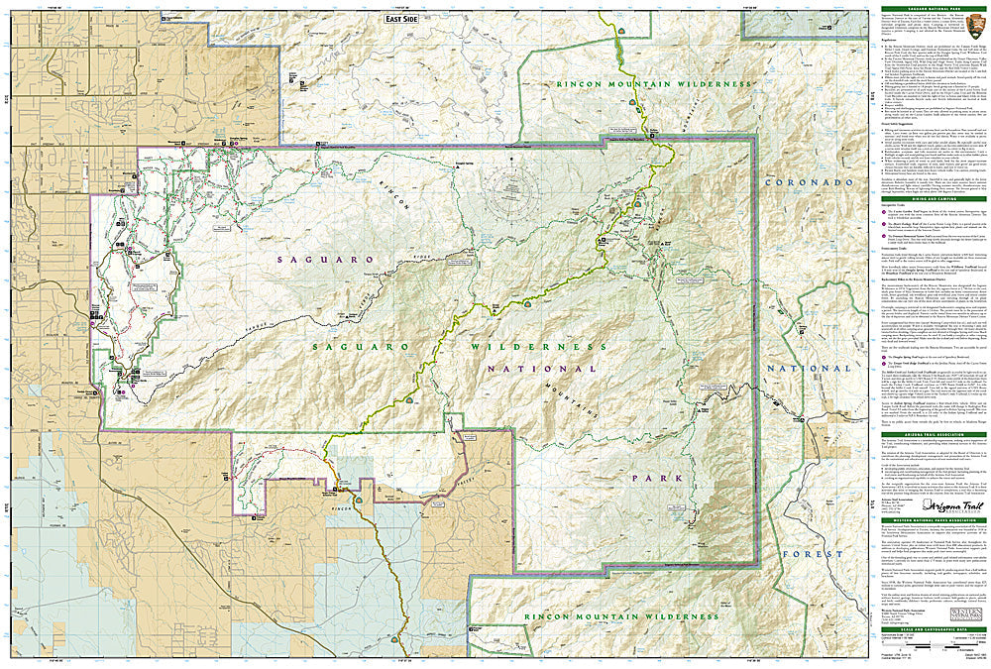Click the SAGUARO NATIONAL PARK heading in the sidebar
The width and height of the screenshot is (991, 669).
(x=933, y=11)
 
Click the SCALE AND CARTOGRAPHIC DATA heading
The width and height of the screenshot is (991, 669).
(x=933, y=630)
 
